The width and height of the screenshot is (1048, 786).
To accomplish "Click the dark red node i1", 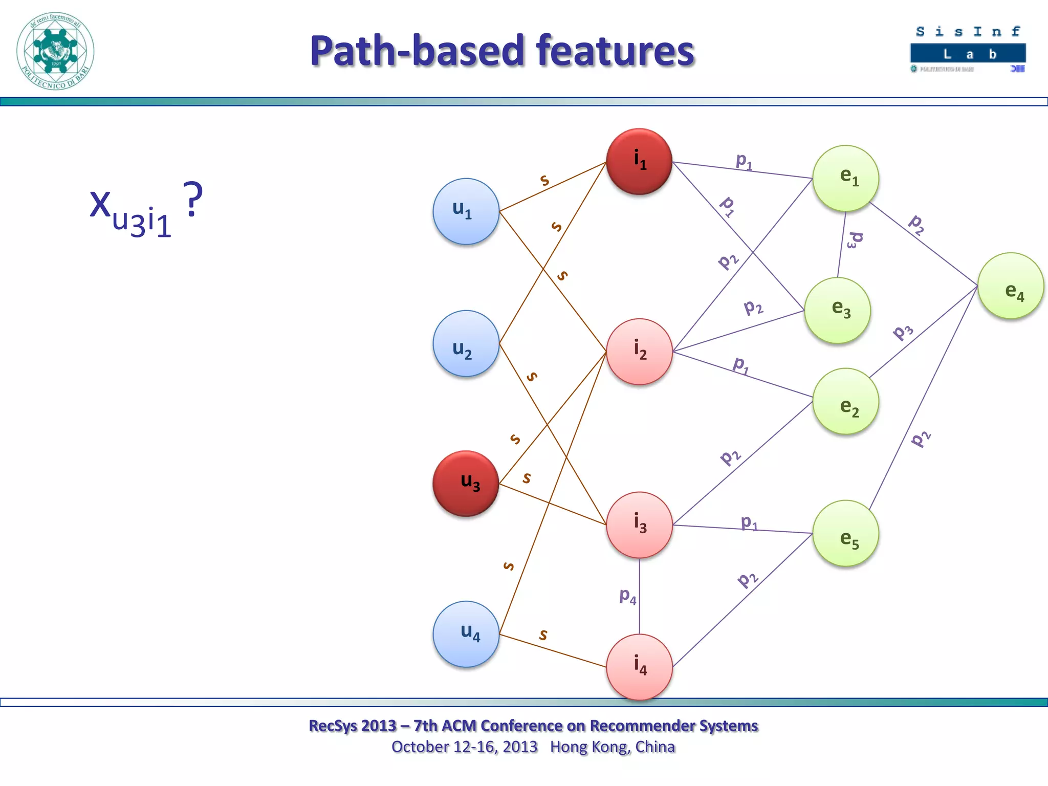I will pyautogui.click(x=639, y=161).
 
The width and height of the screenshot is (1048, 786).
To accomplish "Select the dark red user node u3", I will pyautogui.click(x=466, y=483).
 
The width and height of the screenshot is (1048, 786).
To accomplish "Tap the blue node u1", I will pyautogui.click(x=466, y=211).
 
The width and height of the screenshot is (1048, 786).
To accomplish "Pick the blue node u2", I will pyautogui.click(x=466, y=343).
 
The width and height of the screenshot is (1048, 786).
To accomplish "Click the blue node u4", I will pyautogui.click(x=466, y=634).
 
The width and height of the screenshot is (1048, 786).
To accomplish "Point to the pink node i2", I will pyautogui.click(x=639, y=352).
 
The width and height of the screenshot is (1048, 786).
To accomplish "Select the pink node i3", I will pyautogui.click(x=639, y=525).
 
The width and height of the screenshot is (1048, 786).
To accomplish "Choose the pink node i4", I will pyautogui.click(x=639, y=667).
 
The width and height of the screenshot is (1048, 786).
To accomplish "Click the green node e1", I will pyautogui.click(x=845, y=178).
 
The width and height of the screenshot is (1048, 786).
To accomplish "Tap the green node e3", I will pyautogui.click(x=837, y=310).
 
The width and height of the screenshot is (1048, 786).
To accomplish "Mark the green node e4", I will pyautogui.click(x=1010, y=286).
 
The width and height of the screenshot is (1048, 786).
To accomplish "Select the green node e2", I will pyautogui.click(x=845, y=401).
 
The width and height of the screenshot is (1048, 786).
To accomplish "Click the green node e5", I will pyautogui.click(x=845, y=533).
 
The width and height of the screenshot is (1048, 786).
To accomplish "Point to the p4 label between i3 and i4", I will pyautogui.click(x=627, y=596).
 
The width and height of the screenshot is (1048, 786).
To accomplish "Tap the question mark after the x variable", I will pyautogui.click(x=193, y=200).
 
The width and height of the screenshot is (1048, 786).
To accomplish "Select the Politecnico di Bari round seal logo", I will pyautogui.click(x=55, y=51).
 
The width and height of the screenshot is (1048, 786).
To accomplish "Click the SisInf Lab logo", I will pyautogui.click(x=968, y=50).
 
